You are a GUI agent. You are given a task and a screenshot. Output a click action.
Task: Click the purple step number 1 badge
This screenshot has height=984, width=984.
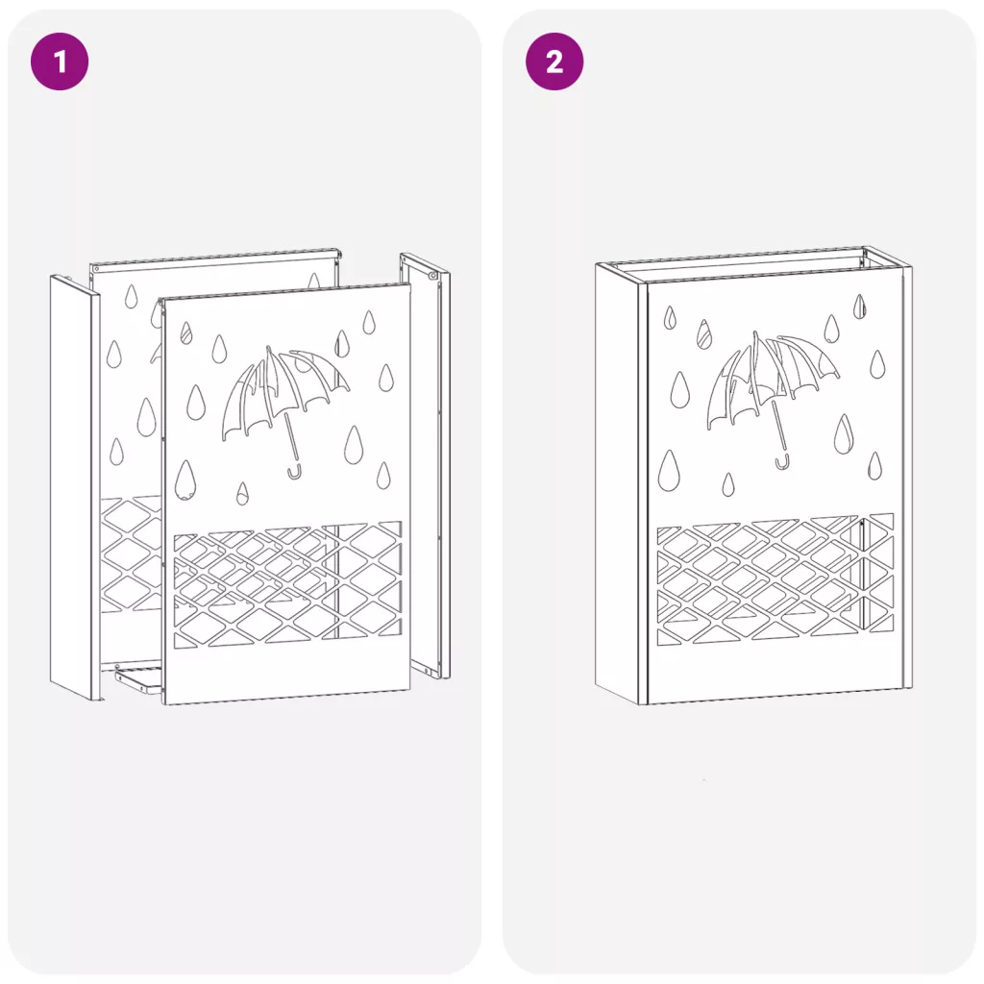(x=60, y=61)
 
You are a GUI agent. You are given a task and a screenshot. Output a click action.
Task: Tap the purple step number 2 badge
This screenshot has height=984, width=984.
(x=554, y=61)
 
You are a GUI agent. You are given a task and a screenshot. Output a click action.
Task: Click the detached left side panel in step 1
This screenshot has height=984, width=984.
(x=75, y=487)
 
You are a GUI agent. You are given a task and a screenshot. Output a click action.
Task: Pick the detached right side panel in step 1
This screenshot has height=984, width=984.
(x=426, y=464)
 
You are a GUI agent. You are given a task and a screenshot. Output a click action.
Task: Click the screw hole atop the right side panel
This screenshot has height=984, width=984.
(x=433, y=275)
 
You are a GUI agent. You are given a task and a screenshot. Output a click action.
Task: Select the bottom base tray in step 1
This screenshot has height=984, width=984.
(x=136, y=679)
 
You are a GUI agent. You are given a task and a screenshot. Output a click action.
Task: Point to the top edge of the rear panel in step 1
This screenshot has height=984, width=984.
(x=215, y=256)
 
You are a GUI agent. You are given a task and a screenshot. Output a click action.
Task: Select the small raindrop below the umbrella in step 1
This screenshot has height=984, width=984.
(x=242, y=494)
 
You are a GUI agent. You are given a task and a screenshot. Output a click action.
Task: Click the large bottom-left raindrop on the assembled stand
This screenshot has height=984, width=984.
(x=669, y=471)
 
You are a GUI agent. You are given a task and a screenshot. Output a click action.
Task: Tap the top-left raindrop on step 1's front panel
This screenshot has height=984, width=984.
(x=185, y=332)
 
